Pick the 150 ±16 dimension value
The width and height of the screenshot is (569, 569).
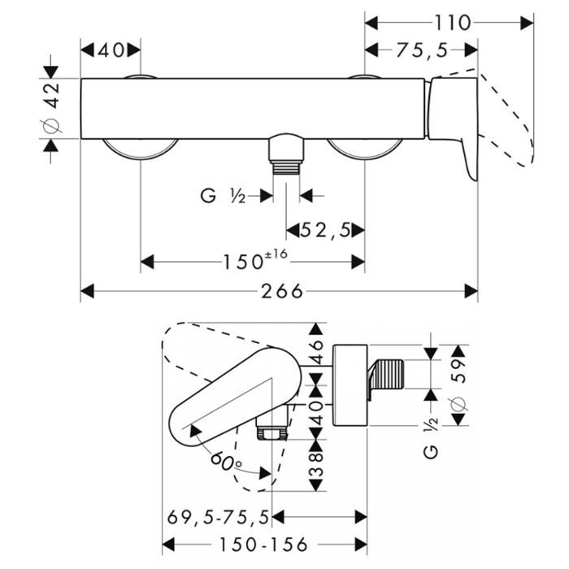coord(253,262)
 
